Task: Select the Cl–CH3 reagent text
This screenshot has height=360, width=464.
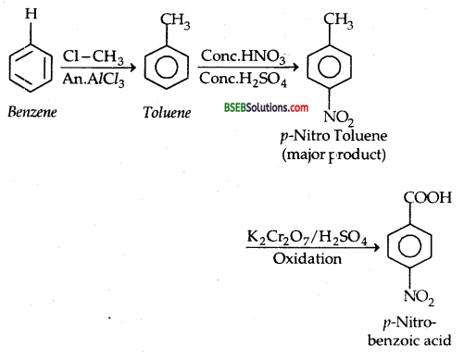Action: (87, 55)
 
